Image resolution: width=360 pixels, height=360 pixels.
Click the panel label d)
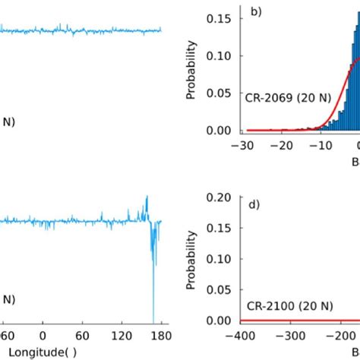click(254, 202)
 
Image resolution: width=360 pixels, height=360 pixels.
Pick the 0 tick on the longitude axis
click(43, 335)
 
